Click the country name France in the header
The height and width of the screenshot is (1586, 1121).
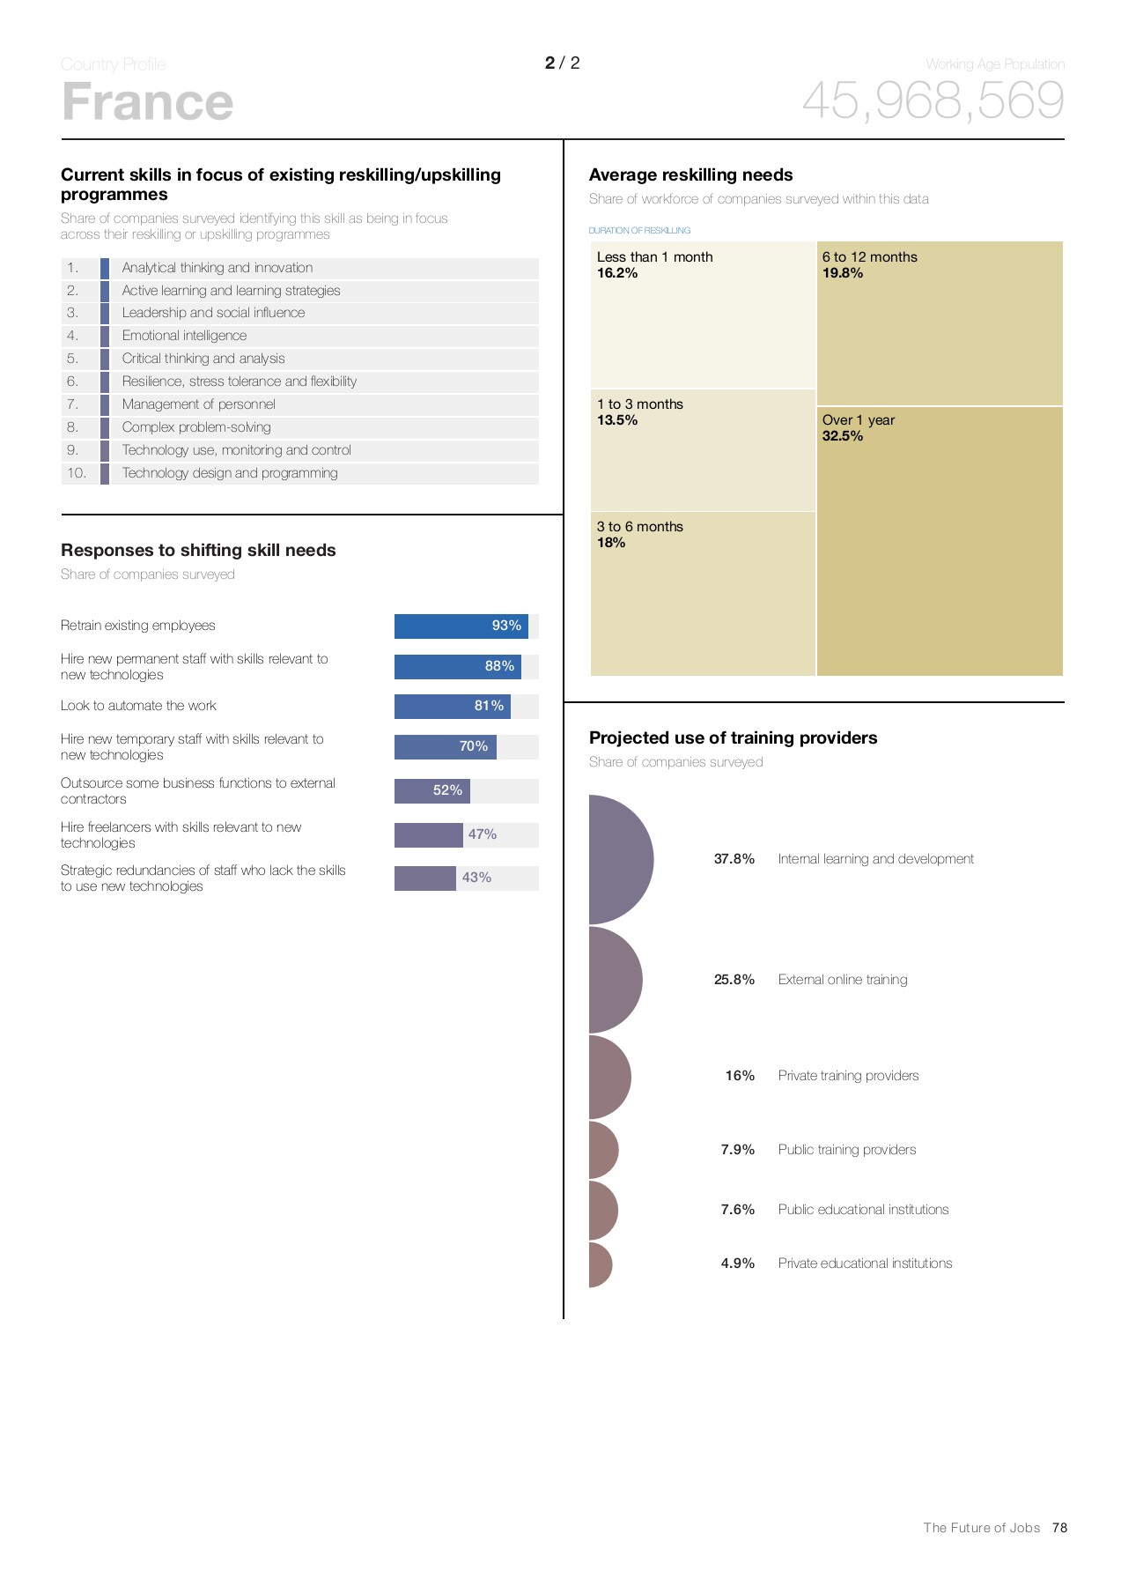point(147,102)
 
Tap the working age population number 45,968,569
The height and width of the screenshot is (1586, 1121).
point(933,100)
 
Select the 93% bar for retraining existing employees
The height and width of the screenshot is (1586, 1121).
point(461,626)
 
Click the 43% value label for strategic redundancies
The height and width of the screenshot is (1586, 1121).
point(476,878)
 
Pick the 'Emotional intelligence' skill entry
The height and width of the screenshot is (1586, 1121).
point(184,336)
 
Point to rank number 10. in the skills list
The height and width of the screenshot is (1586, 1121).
point(77,473)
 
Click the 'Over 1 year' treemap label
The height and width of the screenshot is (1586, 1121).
point(858,420)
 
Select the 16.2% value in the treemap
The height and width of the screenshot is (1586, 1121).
point(617,273)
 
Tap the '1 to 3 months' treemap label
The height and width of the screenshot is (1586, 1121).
point(640,404)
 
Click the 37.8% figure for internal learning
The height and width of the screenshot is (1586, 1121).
point(734,859)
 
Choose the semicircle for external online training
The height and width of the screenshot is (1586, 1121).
point(615,980)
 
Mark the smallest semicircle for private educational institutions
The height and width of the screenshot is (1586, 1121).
point(599,1264)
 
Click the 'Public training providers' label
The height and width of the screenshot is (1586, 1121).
point(846,1150)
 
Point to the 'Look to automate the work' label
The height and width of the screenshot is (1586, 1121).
point(138,706)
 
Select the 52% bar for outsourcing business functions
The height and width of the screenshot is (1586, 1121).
point(431,790)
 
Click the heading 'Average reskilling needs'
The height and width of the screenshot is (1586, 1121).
point(690,175)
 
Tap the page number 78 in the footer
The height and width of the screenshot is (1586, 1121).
point(1059,1528)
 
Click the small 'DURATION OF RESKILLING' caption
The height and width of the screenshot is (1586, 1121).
point(639,231)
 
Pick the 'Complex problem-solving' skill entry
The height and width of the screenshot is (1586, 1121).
point(196,427)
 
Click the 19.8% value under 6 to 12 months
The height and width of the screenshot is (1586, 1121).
point(842,273)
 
